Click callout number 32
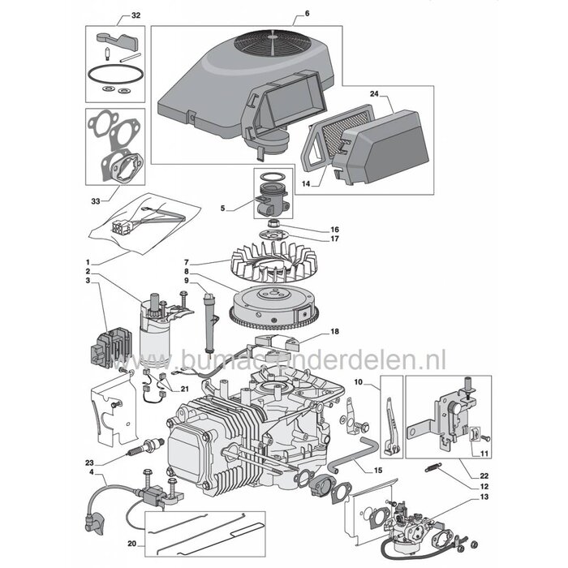pyautogui.click(x=135, y=16)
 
